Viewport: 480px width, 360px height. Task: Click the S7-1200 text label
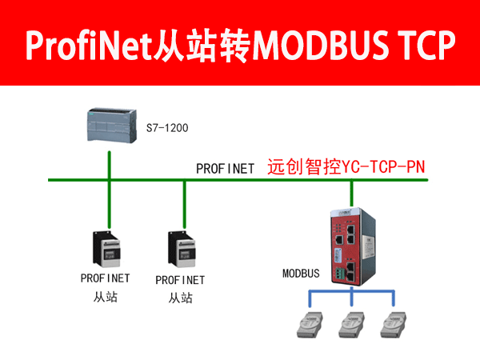(x=167, y=128)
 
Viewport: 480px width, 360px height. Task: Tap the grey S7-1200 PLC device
(x=112, y=126)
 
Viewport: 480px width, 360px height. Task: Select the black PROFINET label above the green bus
(x=225, y=169)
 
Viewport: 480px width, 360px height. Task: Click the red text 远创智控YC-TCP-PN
(x=346, y=167)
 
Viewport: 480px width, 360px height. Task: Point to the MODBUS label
(x=301, y=274)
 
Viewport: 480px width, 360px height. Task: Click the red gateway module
(x=353, y=246)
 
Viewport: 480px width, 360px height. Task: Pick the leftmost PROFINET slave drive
(x=106, y=249)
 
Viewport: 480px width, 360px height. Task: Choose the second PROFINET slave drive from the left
(x=182, y=249)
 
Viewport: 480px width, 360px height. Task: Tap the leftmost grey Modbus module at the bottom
(x=310, y=325)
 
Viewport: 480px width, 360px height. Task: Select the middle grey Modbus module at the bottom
(x=351, y=325)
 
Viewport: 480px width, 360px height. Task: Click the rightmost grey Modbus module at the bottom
(x=394, y=325)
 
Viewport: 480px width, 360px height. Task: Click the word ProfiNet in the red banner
(x=89, y=45)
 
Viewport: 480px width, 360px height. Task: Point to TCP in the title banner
(x=426, y=46)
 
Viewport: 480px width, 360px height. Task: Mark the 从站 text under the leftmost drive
(x=106, y=297)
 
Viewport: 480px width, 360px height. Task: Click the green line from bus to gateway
(x=352, y=194)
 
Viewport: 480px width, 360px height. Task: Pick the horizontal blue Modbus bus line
(x=351, y=290)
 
